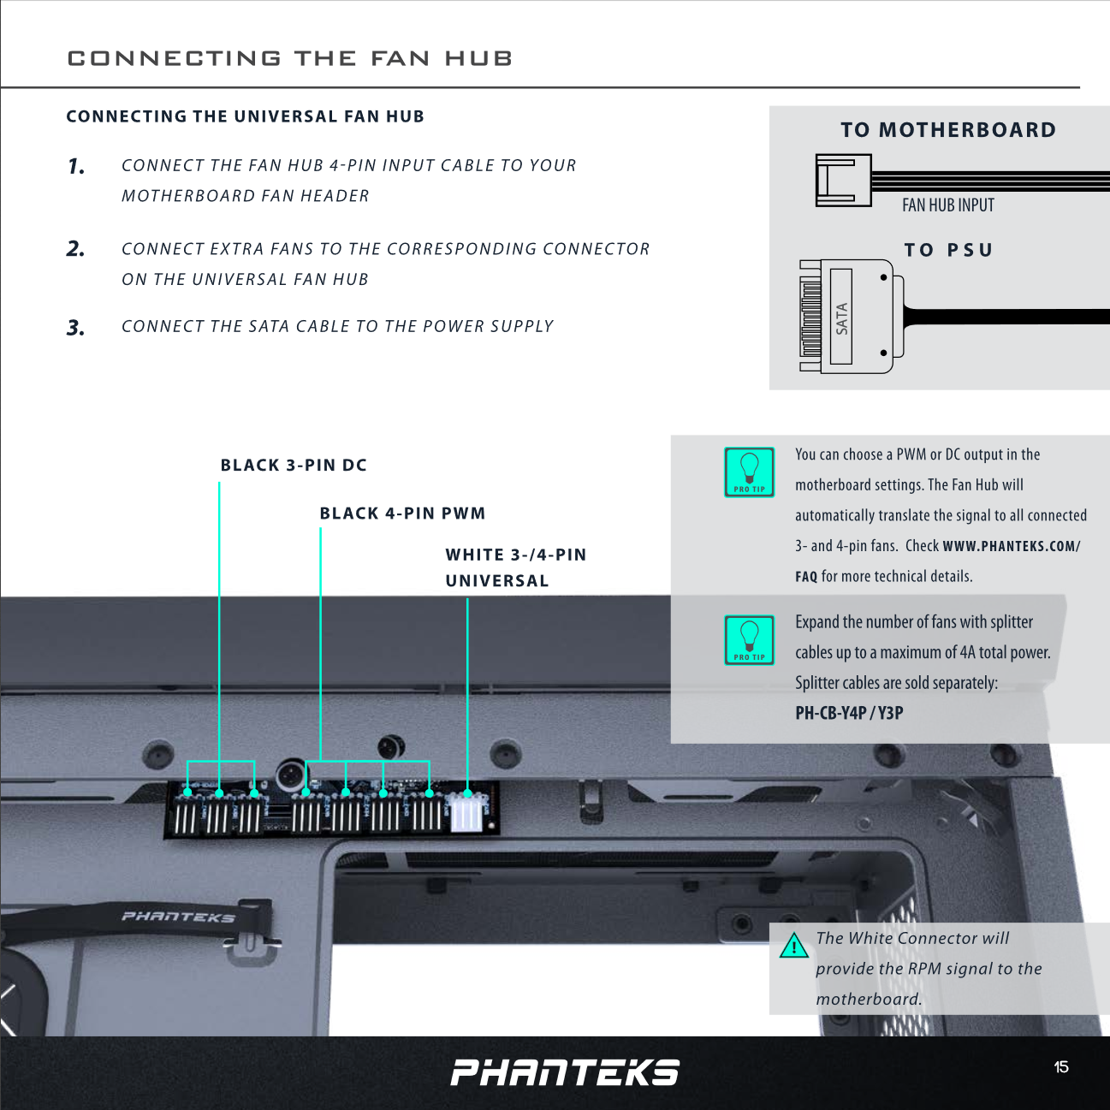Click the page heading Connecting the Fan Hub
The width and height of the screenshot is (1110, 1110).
tap(289, 58)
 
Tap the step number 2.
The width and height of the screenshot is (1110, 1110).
tap(76, 249)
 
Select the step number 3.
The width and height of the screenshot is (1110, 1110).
tap(76, 328)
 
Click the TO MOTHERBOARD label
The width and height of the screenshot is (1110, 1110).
tap(947, 130)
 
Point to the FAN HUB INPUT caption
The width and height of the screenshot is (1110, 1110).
tap(947, 205)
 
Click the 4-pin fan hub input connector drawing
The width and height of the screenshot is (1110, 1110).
tap(843, 181)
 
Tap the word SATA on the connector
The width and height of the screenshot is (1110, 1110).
tap(841, 318)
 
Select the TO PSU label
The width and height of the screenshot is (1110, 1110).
tap(948, 250)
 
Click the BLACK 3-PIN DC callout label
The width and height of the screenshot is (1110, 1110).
tap(294, 466)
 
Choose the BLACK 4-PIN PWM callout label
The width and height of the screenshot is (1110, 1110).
tap(402, 513)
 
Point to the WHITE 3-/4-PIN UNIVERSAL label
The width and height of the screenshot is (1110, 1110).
tap(515, 567)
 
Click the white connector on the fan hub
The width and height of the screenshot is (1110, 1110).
tap(466, 812)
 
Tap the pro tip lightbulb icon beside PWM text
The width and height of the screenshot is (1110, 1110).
tap(749, 472)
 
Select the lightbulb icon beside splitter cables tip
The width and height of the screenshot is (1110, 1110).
tap(749, 639)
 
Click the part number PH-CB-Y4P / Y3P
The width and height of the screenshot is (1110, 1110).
tap(849, 713)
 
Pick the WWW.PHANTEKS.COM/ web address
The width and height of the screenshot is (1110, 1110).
tap(1011, 546)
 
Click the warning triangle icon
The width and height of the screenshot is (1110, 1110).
tap(794, 946)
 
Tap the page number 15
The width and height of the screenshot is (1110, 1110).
tap(1061, 1067)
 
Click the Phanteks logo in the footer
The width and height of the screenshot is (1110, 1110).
tap(565, 1072)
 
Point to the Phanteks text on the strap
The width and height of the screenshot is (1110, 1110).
tap(178, 917)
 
